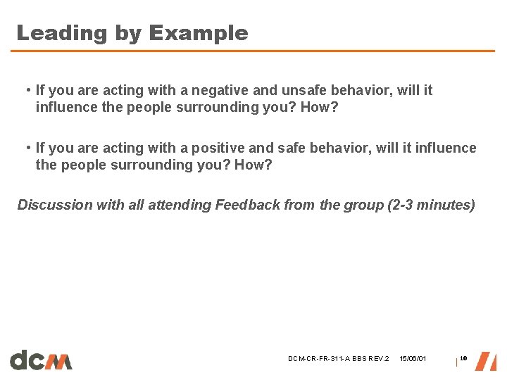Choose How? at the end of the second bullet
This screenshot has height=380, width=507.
257,165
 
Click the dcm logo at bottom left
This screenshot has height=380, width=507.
41,360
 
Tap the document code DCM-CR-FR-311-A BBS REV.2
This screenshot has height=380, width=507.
338,360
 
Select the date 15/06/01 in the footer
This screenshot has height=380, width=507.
413,360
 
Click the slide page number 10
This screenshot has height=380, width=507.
463,359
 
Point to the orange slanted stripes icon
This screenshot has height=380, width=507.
485,360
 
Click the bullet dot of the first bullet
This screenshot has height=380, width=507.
27,90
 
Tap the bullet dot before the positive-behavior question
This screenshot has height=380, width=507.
27,148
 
